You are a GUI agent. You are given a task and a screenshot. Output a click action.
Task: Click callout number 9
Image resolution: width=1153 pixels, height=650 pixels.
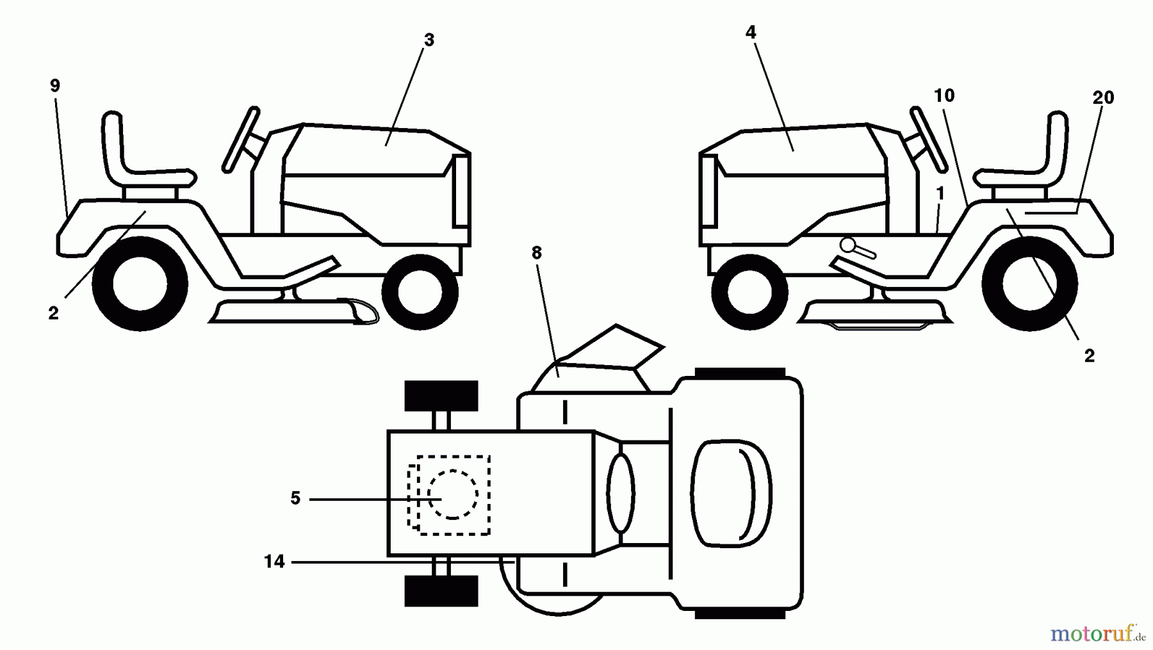55,86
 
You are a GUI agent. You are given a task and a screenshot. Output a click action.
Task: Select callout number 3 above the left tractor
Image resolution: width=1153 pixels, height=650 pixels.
429,40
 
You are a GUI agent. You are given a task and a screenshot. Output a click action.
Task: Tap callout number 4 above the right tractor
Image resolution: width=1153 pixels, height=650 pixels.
751,32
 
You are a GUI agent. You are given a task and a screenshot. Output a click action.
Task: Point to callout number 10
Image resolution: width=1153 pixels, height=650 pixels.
944,95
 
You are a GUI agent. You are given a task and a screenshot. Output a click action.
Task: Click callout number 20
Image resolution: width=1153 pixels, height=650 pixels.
1103,97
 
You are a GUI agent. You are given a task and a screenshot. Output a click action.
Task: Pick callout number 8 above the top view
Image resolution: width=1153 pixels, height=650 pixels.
537,253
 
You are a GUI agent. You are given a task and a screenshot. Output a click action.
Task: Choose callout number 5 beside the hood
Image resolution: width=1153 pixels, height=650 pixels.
295,498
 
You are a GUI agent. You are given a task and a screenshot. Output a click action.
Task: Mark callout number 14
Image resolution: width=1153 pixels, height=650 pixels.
274,562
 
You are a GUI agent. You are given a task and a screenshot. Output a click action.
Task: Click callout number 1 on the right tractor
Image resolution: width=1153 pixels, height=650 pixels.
940,193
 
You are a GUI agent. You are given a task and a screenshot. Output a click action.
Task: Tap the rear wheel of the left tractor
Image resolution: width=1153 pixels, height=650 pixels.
140,284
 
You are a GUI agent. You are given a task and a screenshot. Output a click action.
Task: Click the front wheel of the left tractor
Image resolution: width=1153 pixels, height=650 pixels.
420,292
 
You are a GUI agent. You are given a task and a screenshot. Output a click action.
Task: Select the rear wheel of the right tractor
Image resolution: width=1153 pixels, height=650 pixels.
1029,284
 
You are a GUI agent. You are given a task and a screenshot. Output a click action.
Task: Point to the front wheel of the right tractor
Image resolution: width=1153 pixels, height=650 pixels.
749,292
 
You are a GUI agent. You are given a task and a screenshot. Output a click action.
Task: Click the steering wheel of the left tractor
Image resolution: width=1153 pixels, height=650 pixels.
241,140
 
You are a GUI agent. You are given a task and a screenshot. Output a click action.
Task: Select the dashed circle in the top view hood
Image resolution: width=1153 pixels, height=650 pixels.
453,494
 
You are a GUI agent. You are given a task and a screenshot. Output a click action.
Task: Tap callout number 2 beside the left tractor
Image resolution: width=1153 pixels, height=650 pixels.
53,313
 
